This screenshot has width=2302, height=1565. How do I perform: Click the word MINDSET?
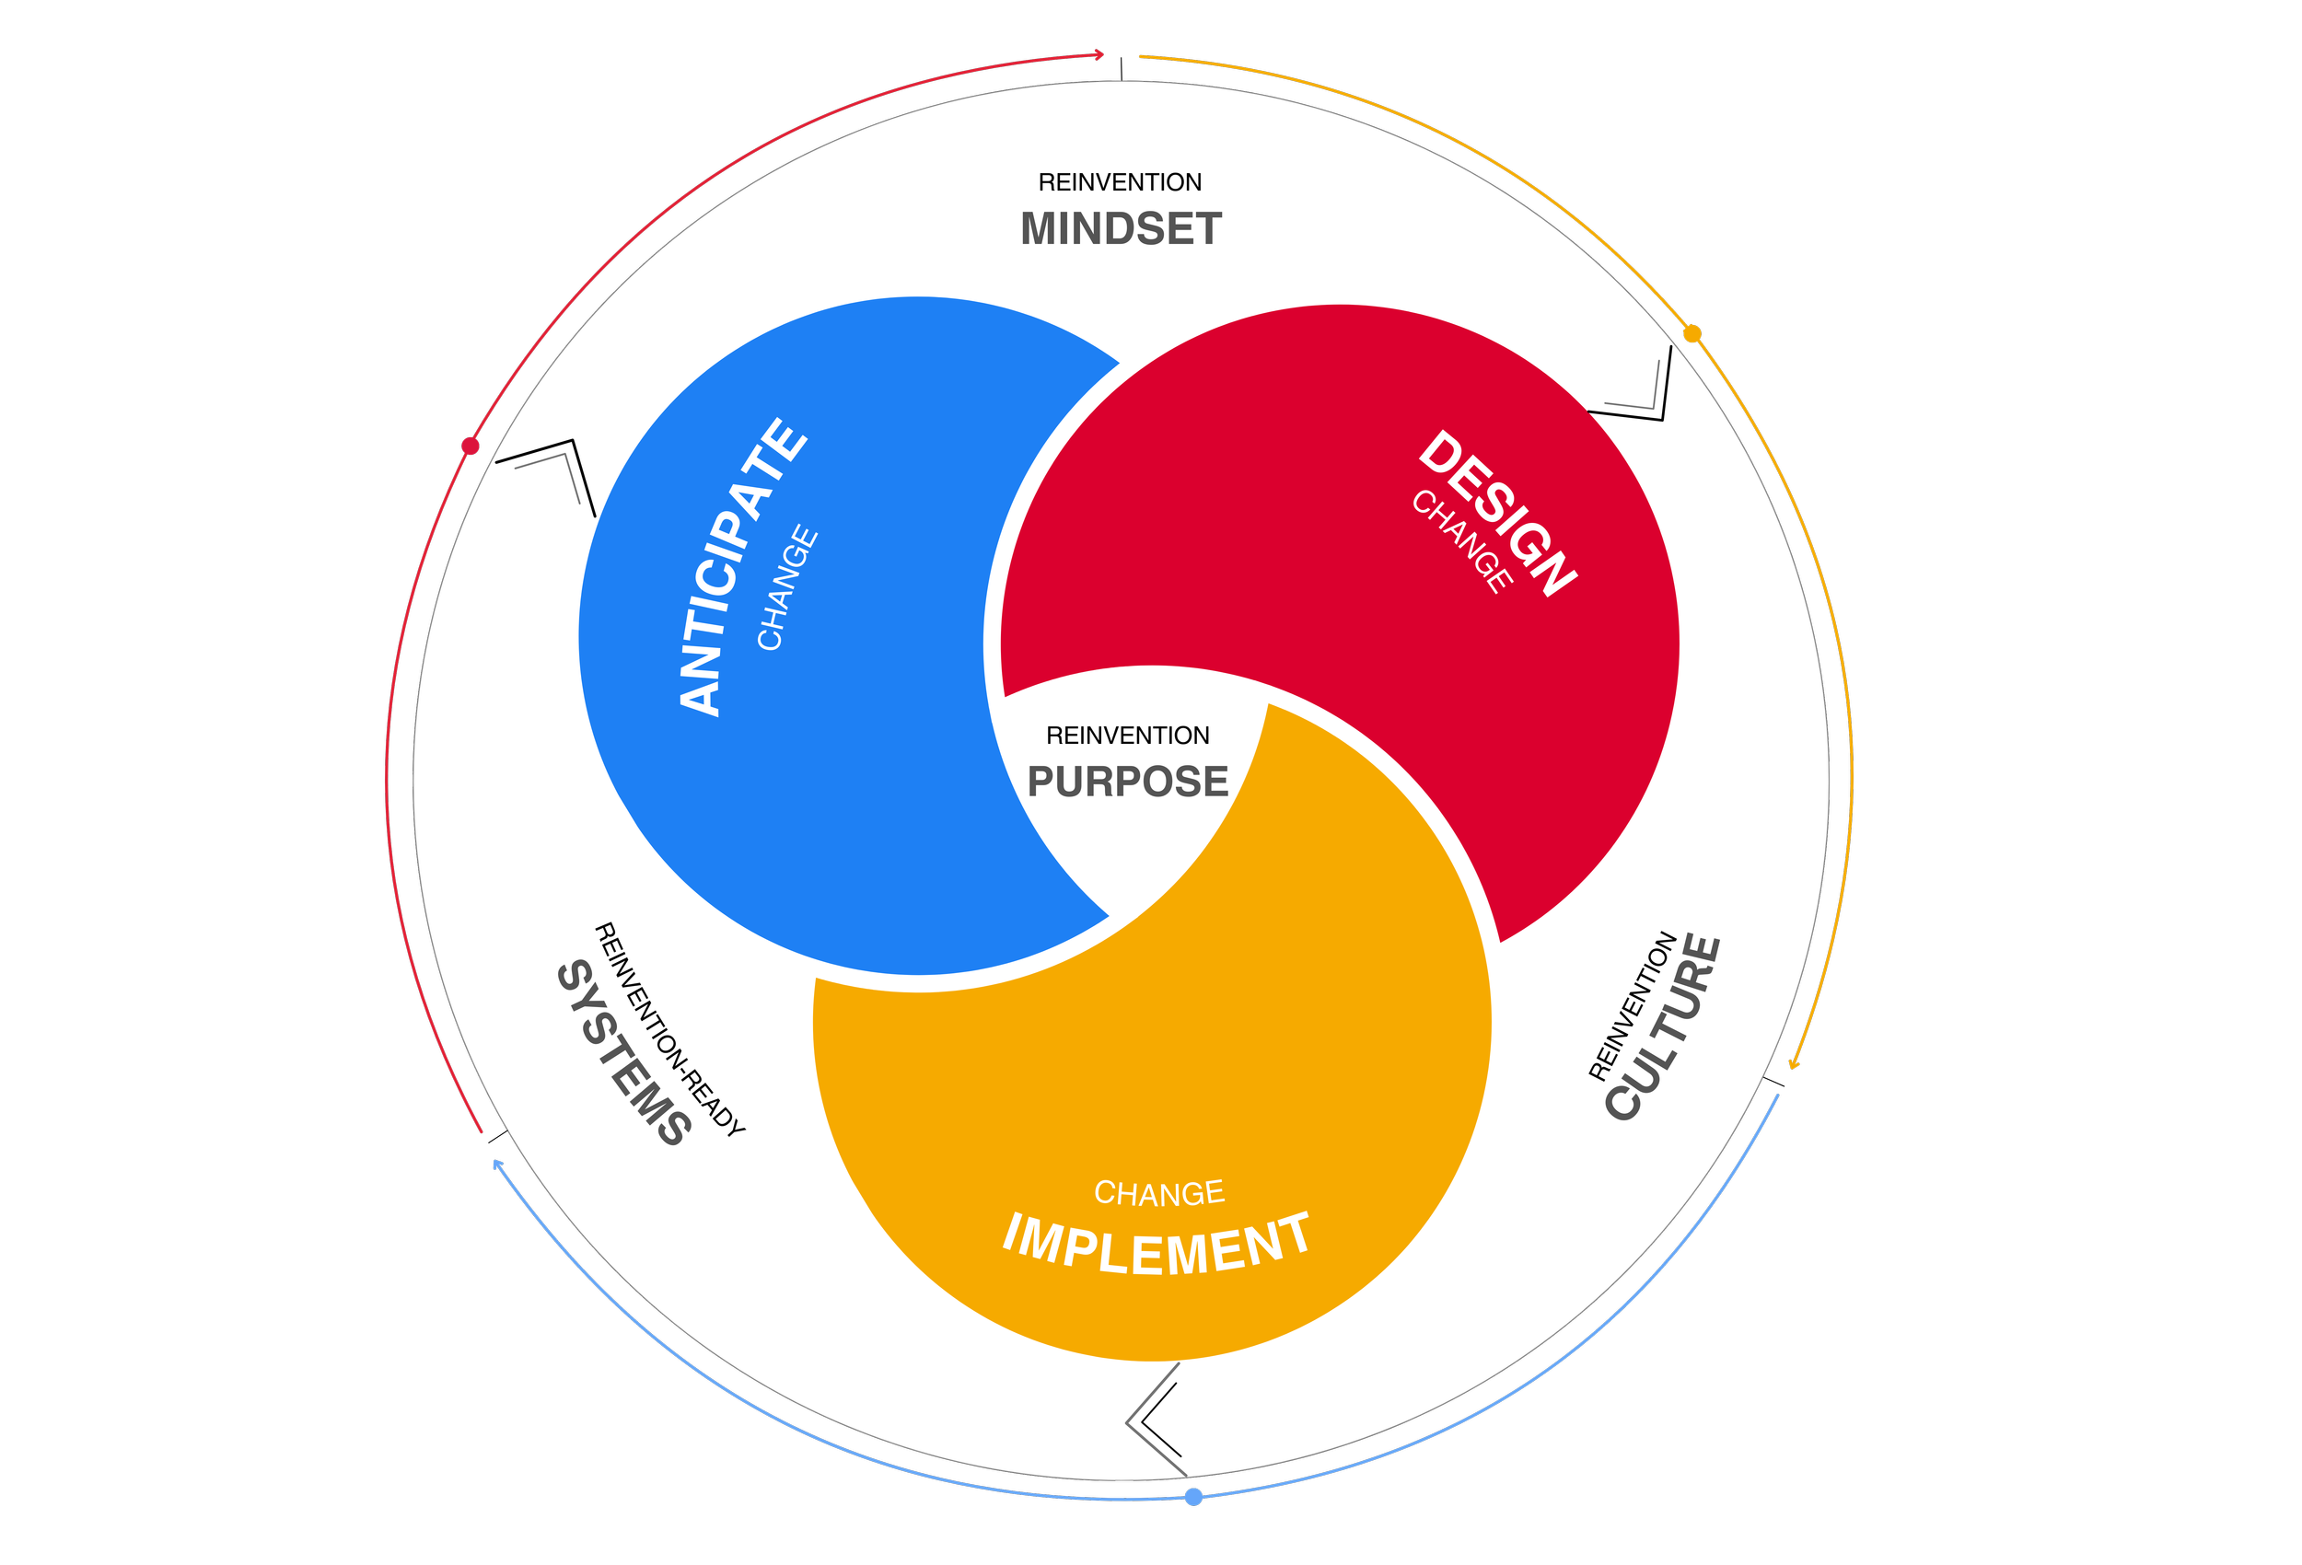(1121, 229)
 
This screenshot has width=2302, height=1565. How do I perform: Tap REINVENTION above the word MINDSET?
(1120, 182)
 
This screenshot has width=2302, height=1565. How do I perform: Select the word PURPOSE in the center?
(1127, 782)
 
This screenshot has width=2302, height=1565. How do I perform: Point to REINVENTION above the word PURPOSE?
(1127, 735)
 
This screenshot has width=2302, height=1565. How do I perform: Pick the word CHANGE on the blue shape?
(787, 587)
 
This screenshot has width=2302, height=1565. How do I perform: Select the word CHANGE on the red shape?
(1462, 540)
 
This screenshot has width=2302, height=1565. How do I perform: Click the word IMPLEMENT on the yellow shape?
(1156, 1244)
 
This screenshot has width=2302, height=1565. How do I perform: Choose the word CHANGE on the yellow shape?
(1159, 1192)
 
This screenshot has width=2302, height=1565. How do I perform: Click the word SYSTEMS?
(623, 1053)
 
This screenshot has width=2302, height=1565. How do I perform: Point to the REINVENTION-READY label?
(669, 1029)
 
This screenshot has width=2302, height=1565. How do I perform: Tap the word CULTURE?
(1664, 1027)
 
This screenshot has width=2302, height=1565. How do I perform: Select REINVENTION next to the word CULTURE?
(1633, 1005)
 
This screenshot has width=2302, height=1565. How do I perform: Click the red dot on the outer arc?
(471, 446)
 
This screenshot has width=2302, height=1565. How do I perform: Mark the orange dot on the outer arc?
(1692, 334)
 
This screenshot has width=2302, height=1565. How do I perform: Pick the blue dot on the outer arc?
(1193, 1497)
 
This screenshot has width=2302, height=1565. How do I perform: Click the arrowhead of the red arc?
(1099, 54)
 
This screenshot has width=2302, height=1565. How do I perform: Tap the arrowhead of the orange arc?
(1794, 1065)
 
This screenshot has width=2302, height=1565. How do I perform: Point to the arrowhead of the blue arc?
(497, 1164)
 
